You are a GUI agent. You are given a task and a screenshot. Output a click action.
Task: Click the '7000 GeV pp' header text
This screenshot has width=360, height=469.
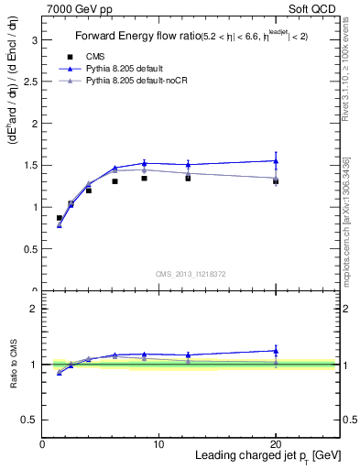tap(76, 8)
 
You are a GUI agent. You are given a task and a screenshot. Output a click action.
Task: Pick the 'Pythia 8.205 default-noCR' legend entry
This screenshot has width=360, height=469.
tap(136, 82)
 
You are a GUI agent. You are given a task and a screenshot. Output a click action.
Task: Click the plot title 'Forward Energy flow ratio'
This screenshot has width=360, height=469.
tap(137, 38)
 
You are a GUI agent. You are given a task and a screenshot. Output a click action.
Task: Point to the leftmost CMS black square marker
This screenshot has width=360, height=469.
tap(60, 218)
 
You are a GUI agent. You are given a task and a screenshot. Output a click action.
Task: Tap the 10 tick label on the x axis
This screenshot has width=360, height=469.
tap(158, 444)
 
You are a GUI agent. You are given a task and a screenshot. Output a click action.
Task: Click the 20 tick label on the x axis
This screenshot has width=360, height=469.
tap(276, 444)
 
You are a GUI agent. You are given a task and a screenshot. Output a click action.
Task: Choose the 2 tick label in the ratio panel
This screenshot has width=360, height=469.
tap(34, 309)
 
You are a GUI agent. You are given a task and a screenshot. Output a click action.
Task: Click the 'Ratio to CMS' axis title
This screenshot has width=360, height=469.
tap(13, 364)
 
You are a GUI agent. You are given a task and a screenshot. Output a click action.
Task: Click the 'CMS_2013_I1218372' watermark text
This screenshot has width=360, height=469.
tap(191, 274)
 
